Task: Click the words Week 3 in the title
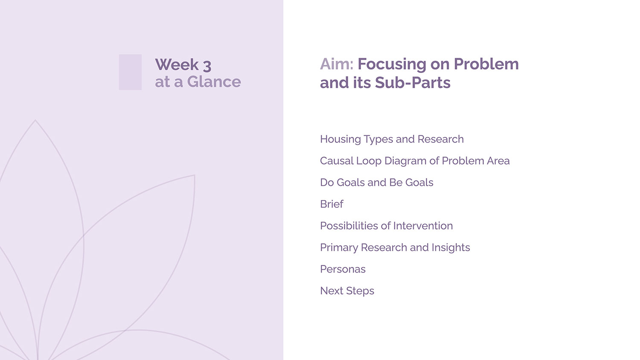[x=183, y=64]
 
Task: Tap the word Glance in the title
[x=214, y=82]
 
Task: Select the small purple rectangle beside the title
[x=130, y=72]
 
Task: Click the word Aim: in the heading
[x=337, y=64]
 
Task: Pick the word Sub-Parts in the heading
[x=413, y=83]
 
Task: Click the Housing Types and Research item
[x=392, y=139]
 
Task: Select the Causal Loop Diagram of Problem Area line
[x=415, y=161]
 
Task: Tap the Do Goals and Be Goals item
[x=377, y=183]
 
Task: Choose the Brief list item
[x=332, y=204]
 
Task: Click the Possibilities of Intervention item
[x=386, y=226]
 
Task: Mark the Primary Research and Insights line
[x=395, y=248]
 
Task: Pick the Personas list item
[x=343, y=269]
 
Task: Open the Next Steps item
[x=347, y=291]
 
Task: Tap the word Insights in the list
[x=451, y=248]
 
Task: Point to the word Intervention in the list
[x=423, y=226]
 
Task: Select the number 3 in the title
[x=207, y=66]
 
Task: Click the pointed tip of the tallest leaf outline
[x=35, y=120]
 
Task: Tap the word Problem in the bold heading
[x=486, y=64]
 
